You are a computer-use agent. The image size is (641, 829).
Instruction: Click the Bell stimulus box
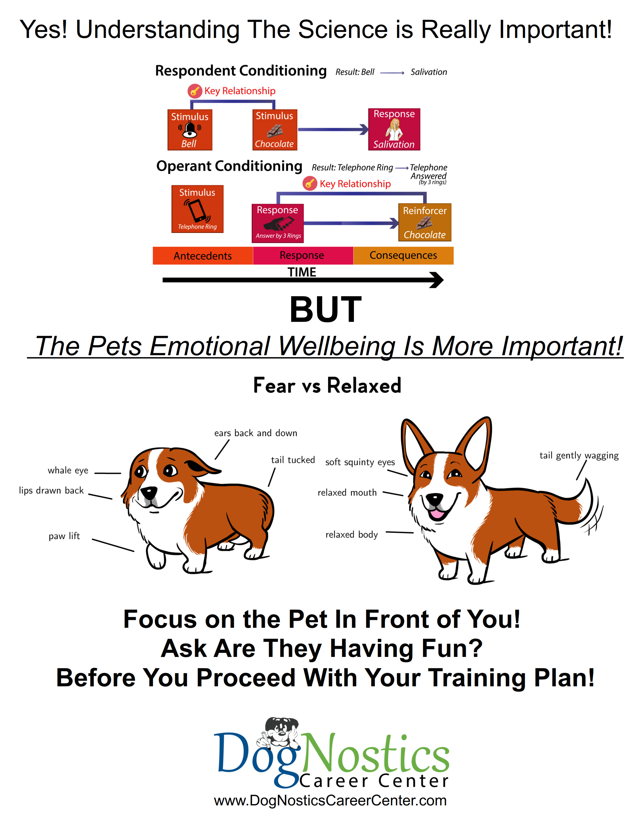190,130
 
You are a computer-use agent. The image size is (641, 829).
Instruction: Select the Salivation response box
394,129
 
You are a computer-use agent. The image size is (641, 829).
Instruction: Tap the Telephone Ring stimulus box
198,209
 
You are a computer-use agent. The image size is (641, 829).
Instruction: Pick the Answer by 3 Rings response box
278,223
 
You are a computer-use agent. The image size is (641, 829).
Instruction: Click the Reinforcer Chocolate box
425,222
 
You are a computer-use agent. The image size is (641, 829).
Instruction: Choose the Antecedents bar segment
203,255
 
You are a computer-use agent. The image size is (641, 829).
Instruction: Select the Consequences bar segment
403,255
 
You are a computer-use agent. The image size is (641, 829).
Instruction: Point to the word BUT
326,309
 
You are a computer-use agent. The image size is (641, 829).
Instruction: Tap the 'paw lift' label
64,536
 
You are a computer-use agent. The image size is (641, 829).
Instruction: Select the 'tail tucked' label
293,460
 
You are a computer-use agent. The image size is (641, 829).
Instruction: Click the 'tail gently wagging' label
579,455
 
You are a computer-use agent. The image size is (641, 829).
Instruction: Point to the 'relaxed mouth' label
347,493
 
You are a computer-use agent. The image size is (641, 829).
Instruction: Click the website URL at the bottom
330,800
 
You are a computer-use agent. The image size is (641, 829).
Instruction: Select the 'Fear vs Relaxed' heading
327,386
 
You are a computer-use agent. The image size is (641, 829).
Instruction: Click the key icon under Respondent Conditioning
195,91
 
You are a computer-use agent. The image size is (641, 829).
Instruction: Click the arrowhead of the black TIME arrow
437,280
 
